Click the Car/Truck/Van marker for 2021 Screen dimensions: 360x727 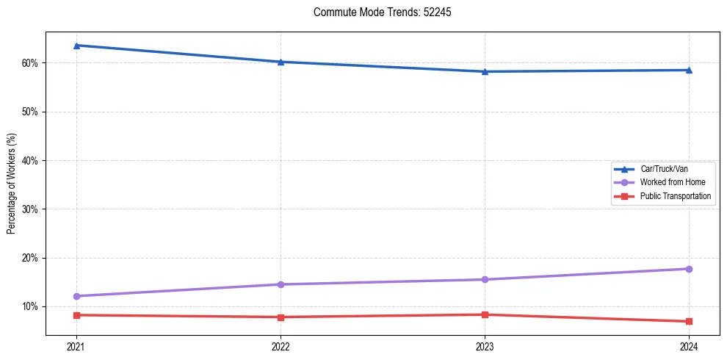(76, 46)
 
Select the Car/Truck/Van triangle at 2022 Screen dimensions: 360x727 (281, 62)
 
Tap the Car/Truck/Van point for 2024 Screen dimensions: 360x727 (689, 70)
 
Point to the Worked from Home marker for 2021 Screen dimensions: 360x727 (76, 296)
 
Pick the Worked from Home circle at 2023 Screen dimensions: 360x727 (485, 279)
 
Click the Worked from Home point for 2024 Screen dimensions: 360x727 (689, 269)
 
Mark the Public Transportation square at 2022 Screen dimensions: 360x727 (281, 317)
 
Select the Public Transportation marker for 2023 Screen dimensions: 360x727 (485, 314)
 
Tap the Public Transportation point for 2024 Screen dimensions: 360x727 (689, 321)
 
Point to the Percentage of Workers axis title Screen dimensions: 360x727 (12, 184)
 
